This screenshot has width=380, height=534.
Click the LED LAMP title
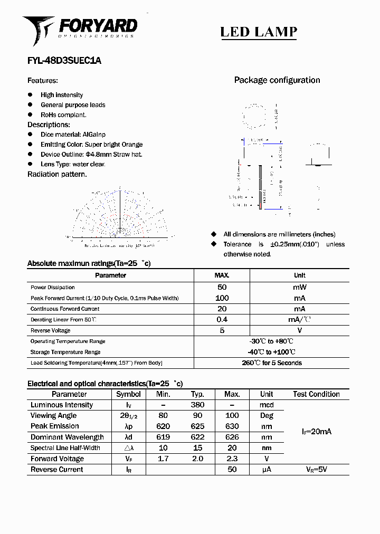[258, 32]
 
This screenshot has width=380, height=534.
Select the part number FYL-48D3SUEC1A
[64, 61]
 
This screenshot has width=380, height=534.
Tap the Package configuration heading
[277, 80]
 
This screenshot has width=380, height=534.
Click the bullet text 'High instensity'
[62, 95]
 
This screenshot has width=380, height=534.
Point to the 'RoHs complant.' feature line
[63, 115]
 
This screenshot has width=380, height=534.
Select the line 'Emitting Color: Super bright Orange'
[91, 145]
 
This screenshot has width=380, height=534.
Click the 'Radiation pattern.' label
[57, 175]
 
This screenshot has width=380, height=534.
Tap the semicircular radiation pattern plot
[120, 214]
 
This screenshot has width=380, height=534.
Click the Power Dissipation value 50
[222, 288]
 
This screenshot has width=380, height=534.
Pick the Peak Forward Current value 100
[222, 298]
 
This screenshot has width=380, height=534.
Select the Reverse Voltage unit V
[299, 331]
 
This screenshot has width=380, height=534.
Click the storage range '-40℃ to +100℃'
[271, 352]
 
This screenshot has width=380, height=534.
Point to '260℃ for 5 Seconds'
[271, 363]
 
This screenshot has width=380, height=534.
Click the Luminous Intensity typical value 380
[197, 405]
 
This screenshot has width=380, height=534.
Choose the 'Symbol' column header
[128, 394]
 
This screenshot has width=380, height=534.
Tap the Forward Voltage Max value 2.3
[232, 459]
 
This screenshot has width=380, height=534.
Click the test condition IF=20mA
[316, 432]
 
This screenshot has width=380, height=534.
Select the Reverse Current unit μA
[267, 470]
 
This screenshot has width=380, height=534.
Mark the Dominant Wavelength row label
[67, 437]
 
